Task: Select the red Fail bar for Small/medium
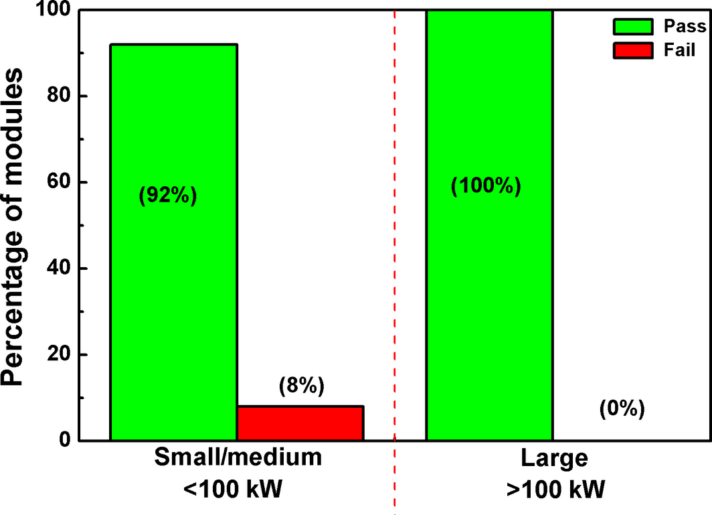[300, 423]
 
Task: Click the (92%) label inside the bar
[168, 198]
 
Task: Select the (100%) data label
[486, 186]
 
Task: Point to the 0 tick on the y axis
[64, 441]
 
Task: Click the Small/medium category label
[238, 458]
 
